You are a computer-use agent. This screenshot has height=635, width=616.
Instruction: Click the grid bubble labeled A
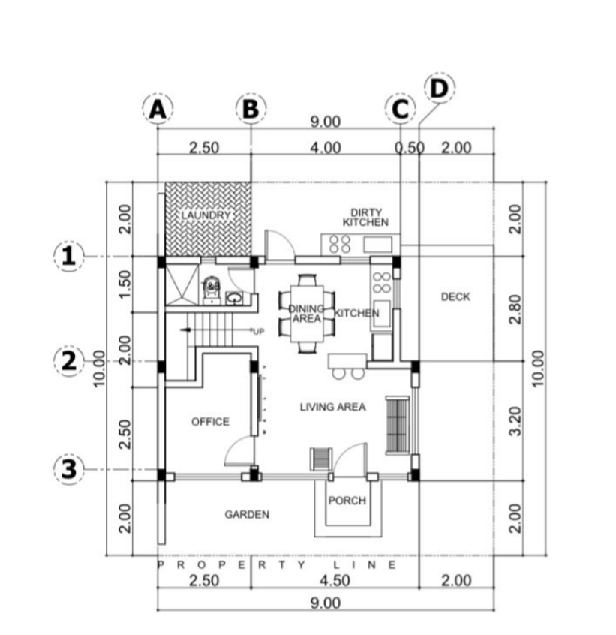(x=157, y=109)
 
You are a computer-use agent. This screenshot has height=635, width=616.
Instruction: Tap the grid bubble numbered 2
(x=68, y=361)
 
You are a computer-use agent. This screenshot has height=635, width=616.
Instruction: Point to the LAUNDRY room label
(x=206, y=215)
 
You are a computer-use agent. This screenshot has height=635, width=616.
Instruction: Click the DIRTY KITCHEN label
(x=365, y=218)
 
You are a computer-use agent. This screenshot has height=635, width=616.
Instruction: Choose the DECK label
(x=455, y=296)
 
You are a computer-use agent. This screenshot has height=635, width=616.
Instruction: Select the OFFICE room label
(x=210, y=422)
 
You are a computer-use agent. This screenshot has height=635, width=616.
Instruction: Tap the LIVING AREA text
(x=332, y=407)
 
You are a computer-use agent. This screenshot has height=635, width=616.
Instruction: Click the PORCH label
(x=347, y=501)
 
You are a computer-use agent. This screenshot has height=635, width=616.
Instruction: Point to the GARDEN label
(x=247, y=514)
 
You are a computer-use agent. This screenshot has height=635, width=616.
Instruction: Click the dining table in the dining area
(x=306, y=313)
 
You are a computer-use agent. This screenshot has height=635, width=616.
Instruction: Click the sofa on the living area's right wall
(x=396, y=425)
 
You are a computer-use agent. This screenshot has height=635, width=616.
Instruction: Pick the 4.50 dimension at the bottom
(x=334, y=580)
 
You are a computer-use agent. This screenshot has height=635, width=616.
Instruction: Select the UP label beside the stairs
(x=259, y=331)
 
